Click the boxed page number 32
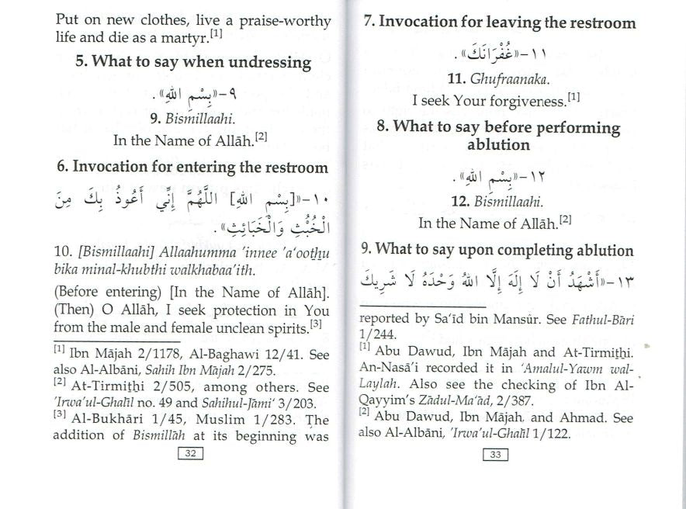click(x=189, y=454)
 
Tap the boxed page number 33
click(x=495, y=455)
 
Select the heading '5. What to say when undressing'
click(x=193, y=62)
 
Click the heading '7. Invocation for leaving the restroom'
click(x=499, y=22)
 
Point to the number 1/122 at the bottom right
click(x=550, y=434)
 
